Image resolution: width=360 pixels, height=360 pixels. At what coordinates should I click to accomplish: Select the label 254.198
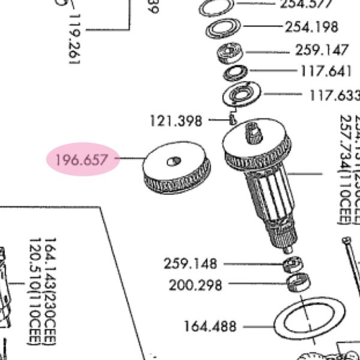(x=311, y=27)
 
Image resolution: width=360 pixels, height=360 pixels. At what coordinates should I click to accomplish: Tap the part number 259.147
(x=322, y=50)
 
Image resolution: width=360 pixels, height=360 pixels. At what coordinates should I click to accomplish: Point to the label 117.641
(x=325, y=71)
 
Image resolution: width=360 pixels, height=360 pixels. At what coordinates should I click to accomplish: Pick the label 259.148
(x=190, y=264)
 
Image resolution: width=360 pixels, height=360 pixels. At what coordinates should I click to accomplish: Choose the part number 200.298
(x=195, y=285)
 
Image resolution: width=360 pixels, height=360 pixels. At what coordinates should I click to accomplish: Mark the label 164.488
(x=210, y=327)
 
